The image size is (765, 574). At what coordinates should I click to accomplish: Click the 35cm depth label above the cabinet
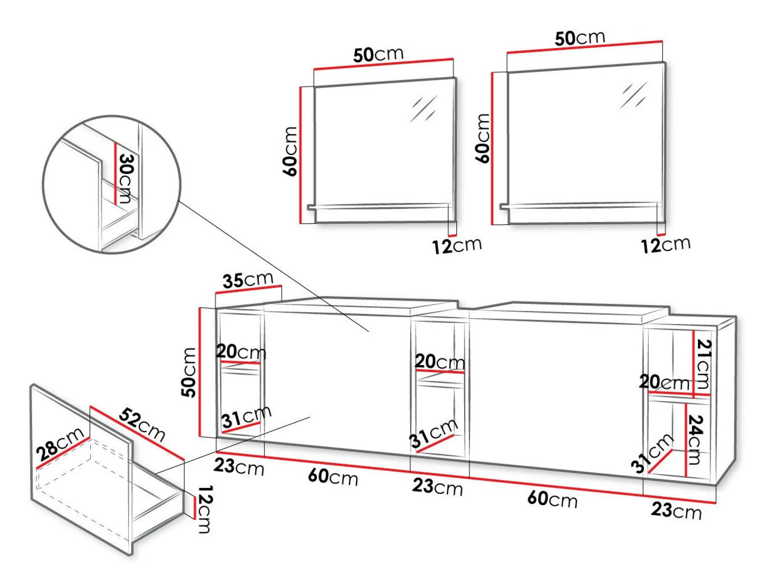[x=248, y=280]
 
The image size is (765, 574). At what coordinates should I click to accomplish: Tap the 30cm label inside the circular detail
[x=127, y=178]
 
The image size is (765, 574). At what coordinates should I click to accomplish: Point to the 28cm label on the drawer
[x=60, y=444]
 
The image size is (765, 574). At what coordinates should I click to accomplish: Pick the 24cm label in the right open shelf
[x=696, y=440]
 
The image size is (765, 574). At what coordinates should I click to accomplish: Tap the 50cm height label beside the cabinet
[x=188, y=372]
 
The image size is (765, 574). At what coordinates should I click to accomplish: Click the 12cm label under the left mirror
[x=457, y=246]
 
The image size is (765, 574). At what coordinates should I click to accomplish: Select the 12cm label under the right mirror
[x=666, y=245]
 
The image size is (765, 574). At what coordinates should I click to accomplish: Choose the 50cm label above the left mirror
[x=378, y=54]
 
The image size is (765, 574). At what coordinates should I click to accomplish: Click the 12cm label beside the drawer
[x=204, y=509]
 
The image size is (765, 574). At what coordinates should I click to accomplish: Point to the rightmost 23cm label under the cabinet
[x=676, y=511]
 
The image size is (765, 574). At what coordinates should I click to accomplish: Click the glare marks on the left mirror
[x=424, y=108]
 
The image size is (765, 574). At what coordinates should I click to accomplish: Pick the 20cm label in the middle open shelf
[x=440, y=361]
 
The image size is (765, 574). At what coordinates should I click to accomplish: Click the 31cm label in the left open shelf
[x=246, y=417]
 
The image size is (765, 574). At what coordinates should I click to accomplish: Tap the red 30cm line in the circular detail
[x=115, y=173]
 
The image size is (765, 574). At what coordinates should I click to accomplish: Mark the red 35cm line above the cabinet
[x=248, y=289]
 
